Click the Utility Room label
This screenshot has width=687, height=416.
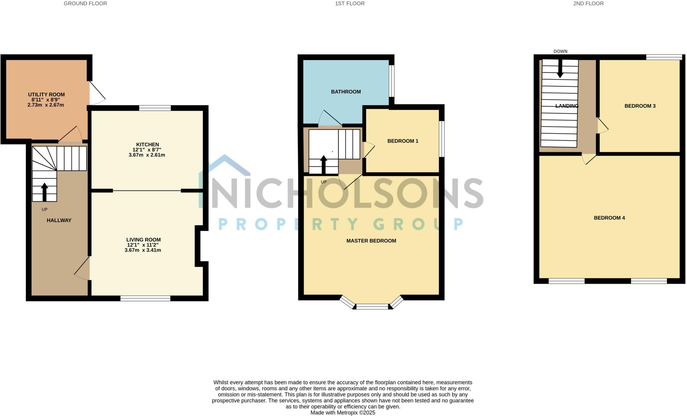point(46,95)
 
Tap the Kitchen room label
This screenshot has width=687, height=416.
point(148,145)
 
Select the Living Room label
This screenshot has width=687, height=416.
point(143,240)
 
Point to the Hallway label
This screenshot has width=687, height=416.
point(59,220)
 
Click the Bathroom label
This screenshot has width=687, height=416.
point(346,92)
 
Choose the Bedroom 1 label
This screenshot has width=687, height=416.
point(403,141)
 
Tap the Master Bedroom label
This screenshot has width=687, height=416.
point(371,241)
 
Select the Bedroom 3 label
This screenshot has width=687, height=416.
point(640,106)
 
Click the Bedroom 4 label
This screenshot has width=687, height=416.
point(609,218)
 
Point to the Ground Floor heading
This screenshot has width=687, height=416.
point(85,4)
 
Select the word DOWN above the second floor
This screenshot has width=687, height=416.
point(560,51)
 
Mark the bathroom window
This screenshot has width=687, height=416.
point(391,81)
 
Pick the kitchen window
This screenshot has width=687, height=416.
point(155,108)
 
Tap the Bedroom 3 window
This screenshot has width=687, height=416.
point(664,57)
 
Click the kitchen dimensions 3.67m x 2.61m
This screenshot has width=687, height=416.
point(147,155)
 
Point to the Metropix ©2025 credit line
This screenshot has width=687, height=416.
point(342,413)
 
